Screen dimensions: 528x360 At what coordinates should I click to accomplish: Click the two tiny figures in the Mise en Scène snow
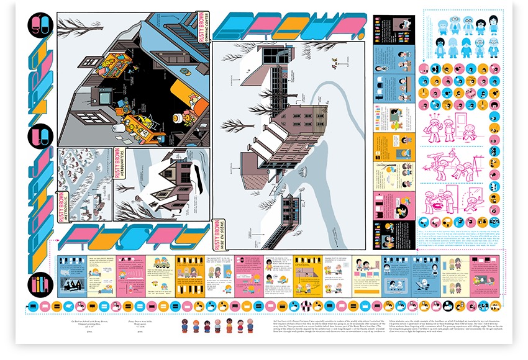(x=336, y=62)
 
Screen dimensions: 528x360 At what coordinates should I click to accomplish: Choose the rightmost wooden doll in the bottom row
(x=250, y=326)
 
